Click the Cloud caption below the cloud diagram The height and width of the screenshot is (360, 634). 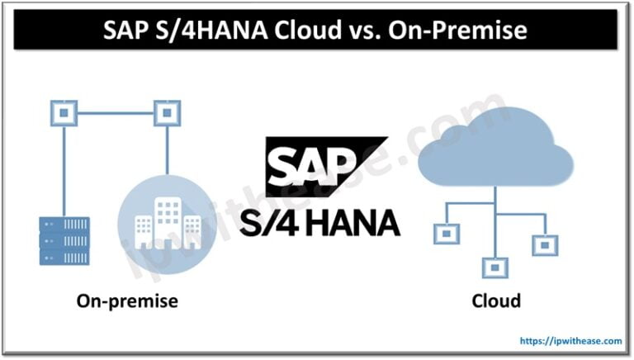(x=495, y=301)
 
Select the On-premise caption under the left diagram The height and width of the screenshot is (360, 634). (x=127, y=301)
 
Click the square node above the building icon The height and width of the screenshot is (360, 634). (x=168, y=109)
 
